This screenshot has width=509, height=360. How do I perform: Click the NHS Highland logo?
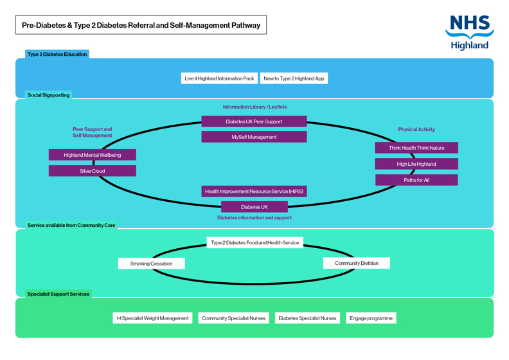coord(469,32)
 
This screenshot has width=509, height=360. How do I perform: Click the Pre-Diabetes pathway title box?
coord(141,26)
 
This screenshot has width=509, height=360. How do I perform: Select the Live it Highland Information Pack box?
coord(219,78)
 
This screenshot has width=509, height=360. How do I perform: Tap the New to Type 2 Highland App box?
coord(294,78)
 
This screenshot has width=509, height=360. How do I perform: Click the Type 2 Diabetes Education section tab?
coord(57,55)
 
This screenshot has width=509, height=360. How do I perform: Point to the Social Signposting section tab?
coord(48,95)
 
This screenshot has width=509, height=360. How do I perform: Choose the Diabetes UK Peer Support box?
coord(254,122)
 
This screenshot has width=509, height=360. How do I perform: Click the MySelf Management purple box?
coord(254,137)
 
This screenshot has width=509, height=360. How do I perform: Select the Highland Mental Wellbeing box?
coord(92,155)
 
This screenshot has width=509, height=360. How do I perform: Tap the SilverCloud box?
coord(92,171)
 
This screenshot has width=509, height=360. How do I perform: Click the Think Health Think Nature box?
coord(416,148)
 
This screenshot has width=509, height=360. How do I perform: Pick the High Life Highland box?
coord(416,164)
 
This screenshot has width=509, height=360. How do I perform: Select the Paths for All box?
coord(416,180)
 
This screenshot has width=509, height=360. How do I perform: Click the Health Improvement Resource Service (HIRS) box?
coord(254,192)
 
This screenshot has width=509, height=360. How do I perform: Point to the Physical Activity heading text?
coord(416,130)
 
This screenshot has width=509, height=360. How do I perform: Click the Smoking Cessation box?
coord(151,264)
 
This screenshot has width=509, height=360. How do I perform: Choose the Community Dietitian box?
coord(356,263)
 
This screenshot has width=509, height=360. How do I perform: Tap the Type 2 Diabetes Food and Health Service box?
coord(255,243)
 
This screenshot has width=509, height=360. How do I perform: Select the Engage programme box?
coord(370,318)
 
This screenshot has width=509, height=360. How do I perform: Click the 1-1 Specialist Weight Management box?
coord(152,318)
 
